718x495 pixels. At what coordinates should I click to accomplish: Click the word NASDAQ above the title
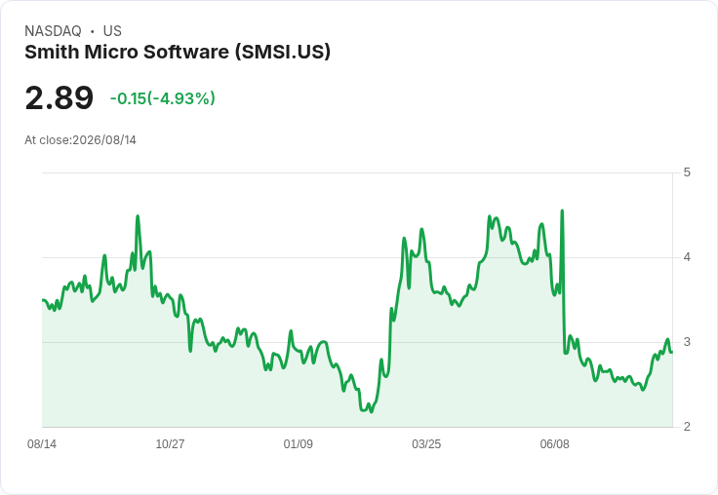(53, 31)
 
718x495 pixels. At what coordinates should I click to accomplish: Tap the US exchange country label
(112, 31)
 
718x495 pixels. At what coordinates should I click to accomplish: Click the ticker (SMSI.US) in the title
(283, 53)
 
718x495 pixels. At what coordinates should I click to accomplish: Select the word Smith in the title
(52, 52)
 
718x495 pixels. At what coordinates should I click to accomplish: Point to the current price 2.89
(60, 97)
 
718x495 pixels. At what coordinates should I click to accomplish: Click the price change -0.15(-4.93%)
(163, 98)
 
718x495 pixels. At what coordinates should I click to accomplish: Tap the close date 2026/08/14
(104, 140)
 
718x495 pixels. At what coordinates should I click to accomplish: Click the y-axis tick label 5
(687, 172)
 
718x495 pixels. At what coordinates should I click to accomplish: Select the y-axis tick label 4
(687, 257)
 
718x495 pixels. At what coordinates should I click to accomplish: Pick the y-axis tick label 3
(687, 342)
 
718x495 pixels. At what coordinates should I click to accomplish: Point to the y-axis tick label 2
(687, 427)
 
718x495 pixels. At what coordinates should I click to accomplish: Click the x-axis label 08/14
(42, 443)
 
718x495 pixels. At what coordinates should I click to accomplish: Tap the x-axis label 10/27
(170, 443)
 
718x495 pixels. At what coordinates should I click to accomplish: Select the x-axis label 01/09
(299, 443)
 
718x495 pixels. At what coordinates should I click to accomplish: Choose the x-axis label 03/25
(426, 443)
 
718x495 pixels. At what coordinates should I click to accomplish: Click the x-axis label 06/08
(554, 443)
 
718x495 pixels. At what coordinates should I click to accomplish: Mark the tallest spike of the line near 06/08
(562, 210)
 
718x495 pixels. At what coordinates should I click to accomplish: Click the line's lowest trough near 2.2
(371, 411)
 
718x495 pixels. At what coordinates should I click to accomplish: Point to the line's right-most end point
(672, 352)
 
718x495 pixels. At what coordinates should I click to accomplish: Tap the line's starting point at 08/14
(43, 300)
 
